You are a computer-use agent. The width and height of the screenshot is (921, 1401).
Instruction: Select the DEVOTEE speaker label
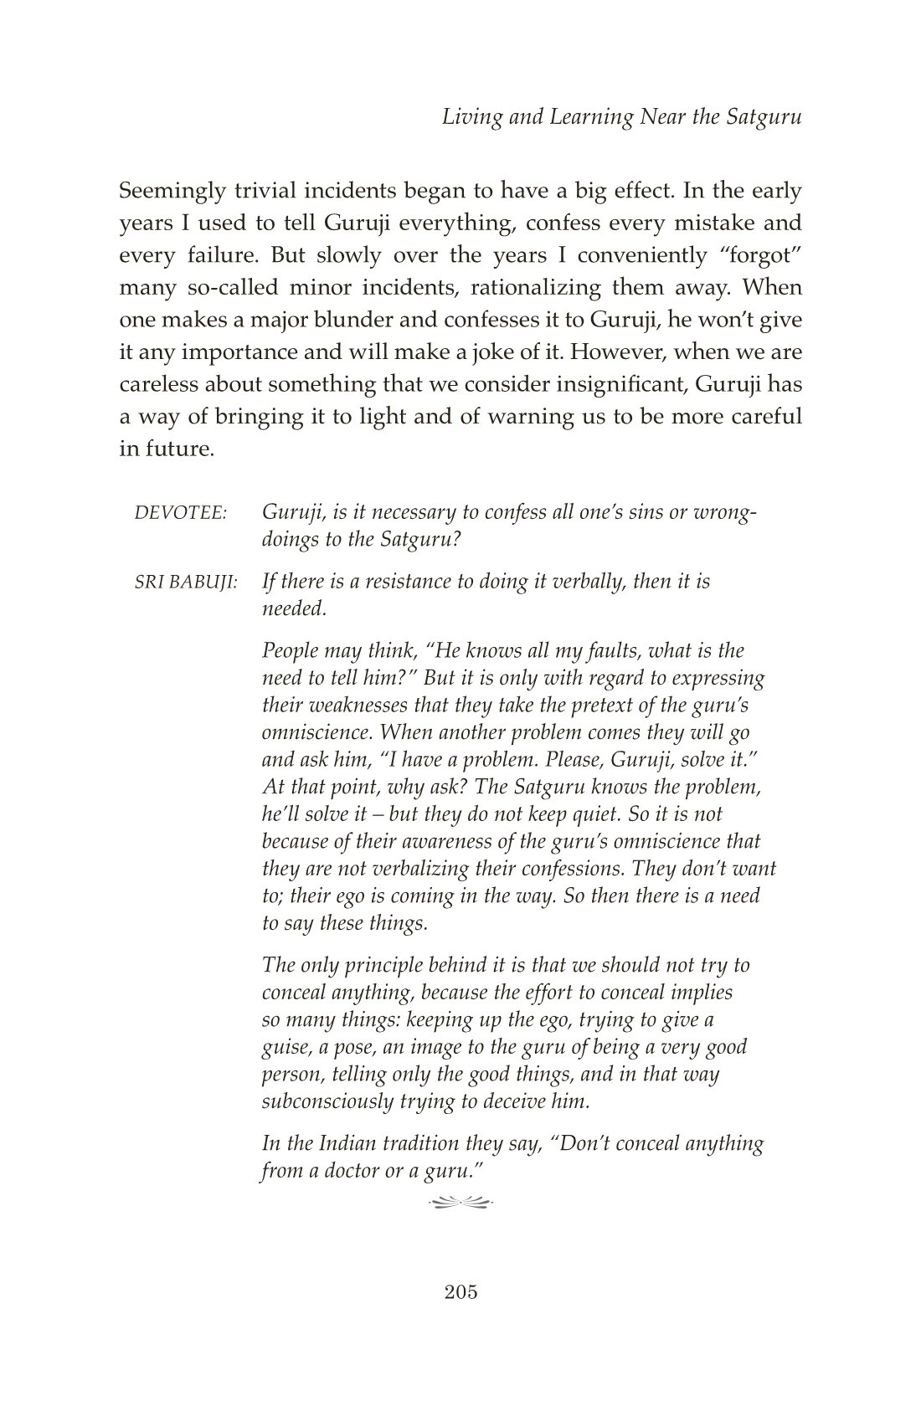coord(181,513)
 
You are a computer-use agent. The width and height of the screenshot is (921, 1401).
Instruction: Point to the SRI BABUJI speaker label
coord(186,582)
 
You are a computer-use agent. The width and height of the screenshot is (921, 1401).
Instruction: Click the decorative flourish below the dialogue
coord(460,1203)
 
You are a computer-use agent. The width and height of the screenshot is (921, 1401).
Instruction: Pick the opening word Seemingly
coord(172,192)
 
